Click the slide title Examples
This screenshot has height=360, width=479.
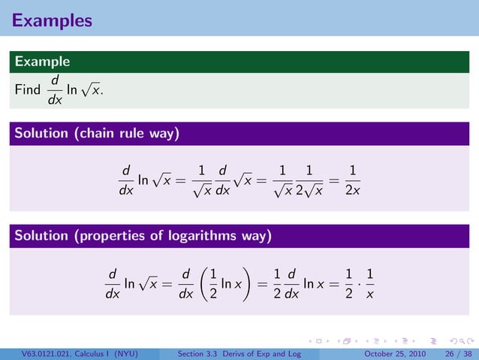tap(52, 20)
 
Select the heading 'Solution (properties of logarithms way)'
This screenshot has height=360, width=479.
tap(143, 237)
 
